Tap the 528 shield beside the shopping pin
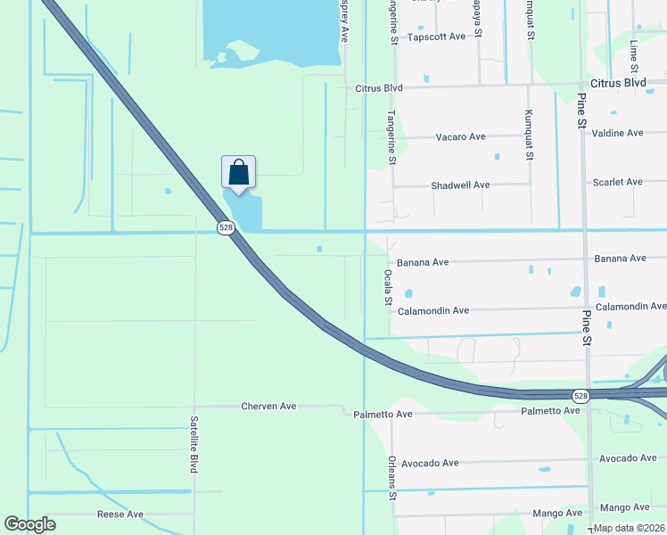[226, 228]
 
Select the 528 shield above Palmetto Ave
[581, 396]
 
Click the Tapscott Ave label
[436, 37]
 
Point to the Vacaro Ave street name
[460, 136]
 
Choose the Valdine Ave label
[617, 133]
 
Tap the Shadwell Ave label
[460, 185]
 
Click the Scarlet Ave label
[617, 182]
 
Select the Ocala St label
[388, 287]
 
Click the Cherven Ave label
[268, 407]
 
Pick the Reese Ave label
[119, 514]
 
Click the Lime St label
[634, 55]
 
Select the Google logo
[29, 524]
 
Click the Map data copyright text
[629, 528]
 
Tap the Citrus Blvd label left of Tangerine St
[379, 87]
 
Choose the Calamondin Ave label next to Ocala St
[432, 310]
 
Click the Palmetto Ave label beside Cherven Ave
[383, 414]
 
